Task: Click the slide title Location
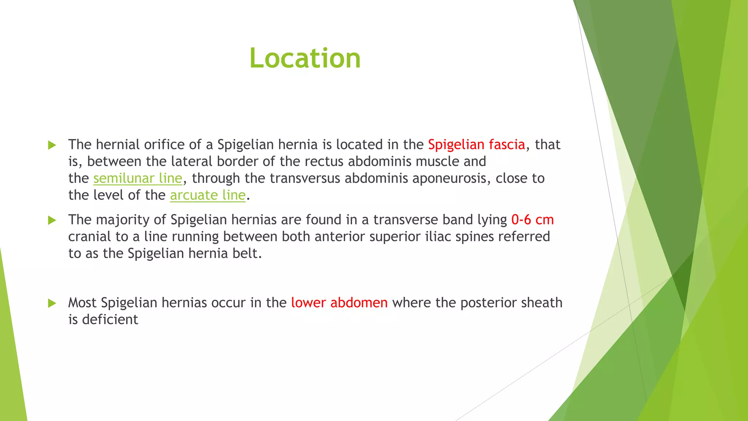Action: point(305,58)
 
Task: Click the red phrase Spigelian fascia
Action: point(476,145)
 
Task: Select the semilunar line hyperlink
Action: point(137,178)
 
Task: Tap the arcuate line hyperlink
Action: point(207,195)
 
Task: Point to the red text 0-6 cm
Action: point(532,220)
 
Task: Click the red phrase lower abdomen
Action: point(339,303)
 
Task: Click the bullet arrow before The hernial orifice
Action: point(52,145)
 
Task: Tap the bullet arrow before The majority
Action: point(52,220)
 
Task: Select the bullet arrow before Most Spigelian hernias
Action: point(52,303)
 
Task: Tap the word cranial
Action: point(89,236)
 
